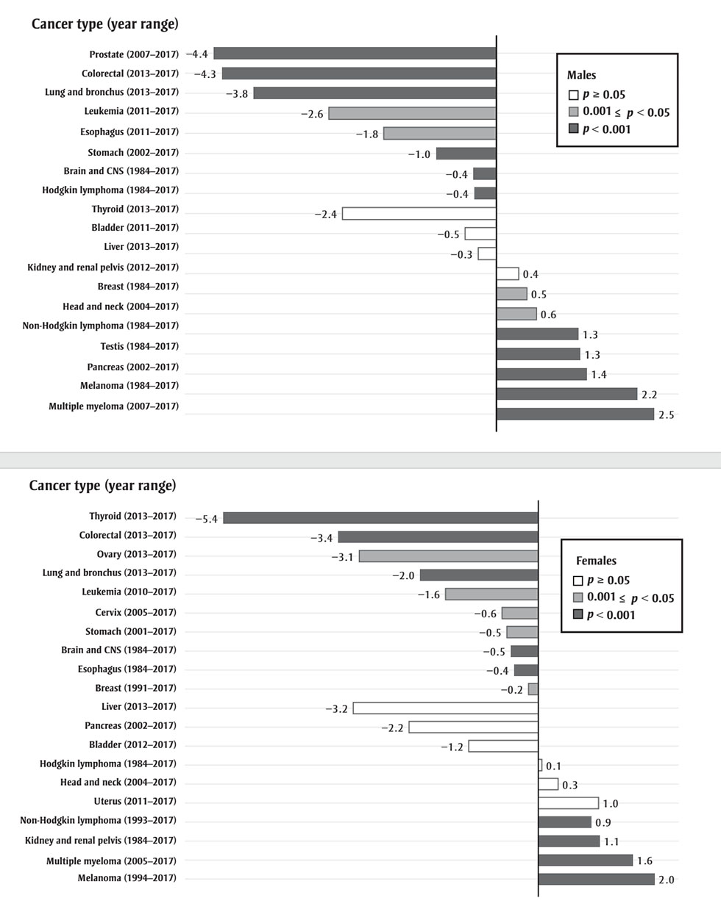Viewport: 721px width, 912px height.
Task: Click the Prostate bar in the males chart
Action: [x=355, y=53]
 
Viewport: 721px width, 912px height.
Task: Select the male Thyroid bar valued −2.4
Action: [x=419, y=214]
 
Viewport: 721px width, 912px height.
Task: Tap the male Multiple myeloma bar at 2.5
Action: [x=575, y=414]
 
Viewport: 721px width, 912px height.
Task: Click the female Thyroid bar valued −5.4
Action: [x=380, y=518]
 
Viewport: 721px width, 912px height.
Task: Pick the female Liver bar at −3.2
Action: [x=445, y=708]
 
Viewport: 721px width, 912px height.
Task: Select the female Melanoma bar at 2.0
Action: [x=596, y=880]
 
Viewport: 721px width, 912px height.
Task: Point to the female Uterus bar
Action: [x=568, y=803]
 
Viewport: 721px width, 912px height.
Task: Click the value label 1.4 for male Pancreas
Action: [x=599, y=375]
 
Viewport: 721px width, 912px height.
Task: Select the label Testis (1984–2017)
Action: [x=139, y=346]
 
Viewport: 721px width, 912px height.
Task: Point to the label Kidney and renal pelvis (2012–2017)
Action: [x=103, y=268]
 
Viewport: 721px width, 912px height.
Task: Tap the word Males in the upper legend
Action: [x=581, y=75]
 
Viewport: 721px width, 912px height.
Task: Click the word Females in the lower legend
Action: [x=596, y=561]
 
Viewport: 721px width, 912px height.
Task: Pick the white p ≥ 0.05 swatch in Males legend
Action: [x=573, y=95]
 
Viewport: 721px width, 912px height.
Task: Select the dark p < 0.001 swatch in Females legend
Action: [x=578, y=615]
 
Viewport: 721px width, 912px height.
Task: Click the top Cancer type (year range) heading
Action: [x=104, y=24]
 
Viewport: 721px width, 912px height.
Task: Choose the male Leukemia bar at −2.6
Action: [x=412, y=113]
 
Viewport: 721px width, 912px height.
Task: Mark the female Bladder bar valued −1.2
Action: [x=503, y=746]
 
